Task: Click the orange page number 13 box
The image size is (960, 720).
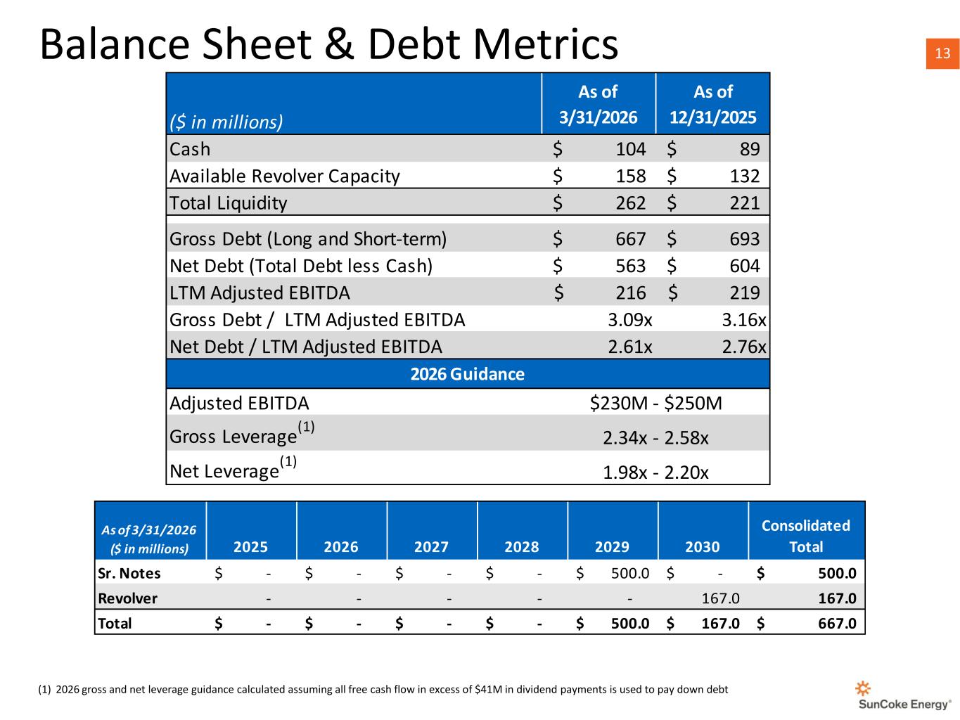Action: (x=942, y=53)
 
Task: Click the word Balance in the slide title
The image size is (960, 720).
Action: (x=115, y=44)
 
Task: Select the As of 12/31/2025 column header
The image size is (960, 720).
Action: (x=712, y=104)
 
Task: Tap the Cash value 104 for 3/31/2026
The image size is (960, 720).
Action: (x=630, y=149)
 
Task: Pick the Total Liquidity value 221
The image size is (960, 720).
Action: (x=744, y=202)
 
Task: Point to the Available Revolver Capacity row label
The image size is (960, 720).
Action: (x=285, y=176)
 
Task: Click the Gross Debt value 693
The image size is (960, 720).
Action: (x=744, y=238)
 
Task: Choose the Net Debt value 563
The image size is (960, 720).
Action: (x=630, y=266)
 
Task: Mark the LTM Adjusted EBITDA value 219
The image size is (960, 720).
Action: (x=744, y=293)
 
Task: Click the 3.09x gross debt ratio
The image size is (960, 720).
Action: (x=629, y=320)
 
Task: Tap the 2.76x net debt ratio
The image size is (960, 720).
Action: (x=744, y=347)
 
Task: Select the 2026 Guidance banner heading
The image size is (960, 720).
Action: (x=467, y=374)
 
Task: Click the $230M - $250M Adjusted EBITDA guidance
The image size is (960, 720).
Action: (x=655, y=403)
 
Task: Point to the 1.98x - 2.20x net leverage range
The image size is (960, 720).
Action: (x=655, y=472)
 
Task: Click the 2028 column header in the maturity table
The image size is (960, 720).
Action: (x=521, y=546)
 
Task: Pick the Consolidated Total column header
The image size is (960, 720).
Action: (x=805, y=536)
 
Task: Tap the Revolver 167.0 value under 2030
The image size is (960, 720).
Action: (x=720, y=598)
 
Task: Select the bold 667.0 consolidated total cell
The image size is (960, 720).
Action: (x=837, y=623)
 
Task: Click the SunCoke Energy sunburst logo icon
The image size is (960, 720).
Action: (x=862, y=688)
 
